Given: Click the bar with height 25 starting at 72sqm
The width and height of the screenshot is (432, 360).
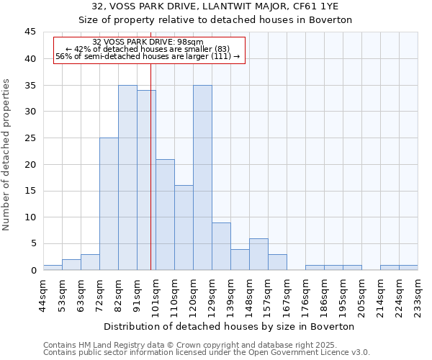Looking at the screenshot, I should click(x=109, y=204).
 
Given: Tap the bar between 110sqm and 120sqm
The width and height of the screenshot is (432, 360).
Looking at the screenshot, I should click(x=184, y=228).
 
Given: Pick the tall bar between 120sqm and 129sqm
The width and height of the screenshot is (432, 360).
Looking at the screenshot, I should click(x=202, y=177).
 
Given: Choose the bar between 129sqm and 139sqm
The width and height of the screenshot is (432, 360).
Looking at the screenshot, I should click(x=221, y=246).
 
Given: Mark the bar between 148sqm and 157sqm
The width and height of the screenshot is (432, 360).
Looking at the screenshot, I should click(x=258, y=254).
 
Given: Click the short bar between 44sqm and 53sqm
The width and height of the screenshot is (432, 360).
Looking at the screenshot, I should click(x=53, y=267).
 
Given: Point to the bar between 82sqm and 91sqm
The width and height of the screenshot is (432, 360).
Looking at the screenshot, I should click(x=127, y=177).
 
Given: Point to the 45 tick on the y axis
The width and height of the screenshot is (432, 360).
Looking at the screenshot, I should click(x=30, y=32).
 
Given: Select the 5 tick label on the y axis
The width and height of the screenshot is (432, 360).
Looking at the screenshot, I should click(x=33, y=244).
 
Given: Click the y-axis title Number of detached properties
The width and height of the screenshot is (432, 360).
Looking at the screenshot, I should click(x=7, y=155).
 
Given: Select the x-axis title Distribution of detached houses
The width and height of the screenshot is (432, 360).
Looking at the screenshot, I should click(x=230, y=326).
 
